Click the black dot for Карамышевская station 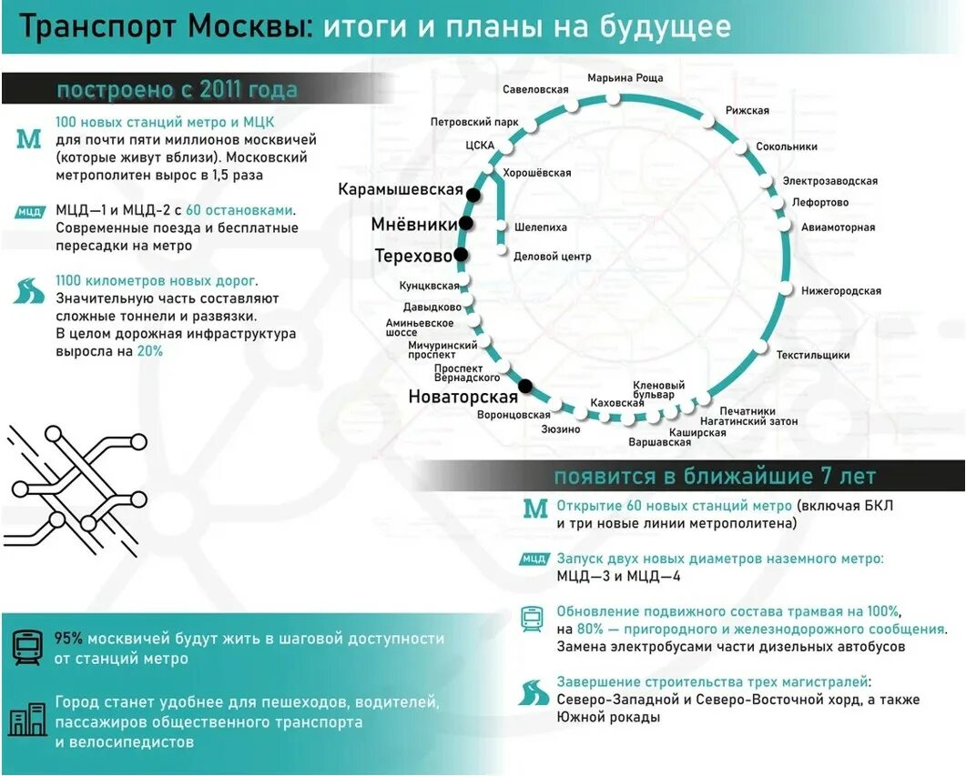(x=473, y=195)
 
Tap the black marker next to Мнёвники (x=466, y=224)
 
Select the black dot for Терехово (x=461, y=255)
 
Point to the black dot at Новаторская (x=525, y=384)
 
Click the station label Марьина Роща (x=625, y=78)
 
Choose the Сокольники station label (x=787, y=146)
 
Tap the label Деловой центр (x=553, y=257)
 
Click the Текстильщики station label (x=813, y=355)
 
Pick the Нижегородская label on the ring (x=841, y=291)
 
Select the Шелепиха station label (x=541, y=227)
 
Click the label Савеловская (x=535, y=89)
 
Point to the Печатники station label (x=747, y=411)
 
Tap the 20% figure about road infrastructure (x=150, y=350)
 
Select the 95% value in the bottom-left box (x=69, y=639)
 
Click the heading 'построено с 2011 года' (x=177, y=90)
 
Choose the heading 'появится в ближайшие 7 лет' (x=715, y=477)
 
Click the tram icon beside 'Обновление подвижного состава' (x=532, y=620)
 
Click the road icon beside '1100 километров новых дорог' (x=29, y=291)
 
